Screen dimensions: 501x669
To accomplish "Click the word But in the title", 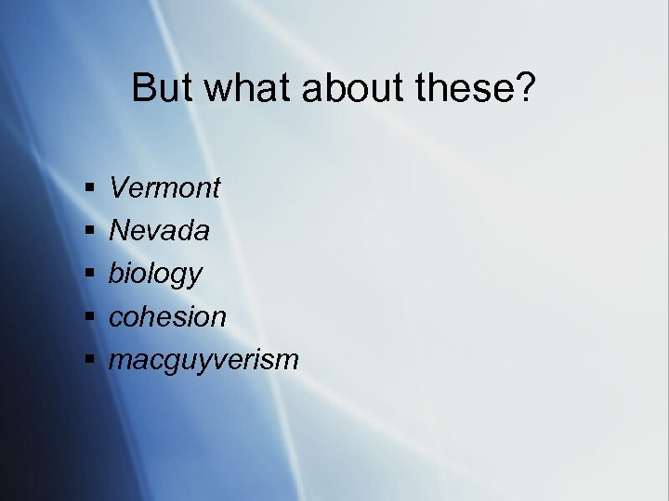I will coord(162,89).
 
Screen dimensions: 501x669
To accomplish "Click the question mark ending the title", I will coord(525,89).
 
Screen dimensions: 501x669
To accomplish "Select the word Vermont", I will coord(165,188).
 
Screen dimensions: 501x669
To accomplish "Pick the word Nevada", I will coord(159,231).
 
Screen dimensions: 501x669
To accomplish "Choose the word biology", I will coord(155,275).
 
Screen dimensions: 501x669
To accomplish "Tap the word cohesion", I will coord(168,316).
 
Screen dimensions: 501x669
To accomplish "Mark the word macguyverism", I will coord(204,360).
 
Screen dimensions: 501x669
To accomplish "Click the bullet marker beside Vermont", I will coord(89,189).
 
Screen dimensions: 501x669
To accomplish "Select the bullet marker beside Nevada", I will coord(89,232).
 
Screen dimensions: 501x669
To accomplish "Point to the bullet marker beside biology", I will coord(89,275).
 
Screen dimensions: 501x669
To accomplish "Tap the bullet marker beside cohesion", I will coord(89,317).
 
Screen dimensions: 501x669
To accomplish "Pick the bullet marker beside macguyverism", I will coord(89,360).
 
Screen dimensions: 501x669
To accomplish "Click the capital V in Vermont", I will coord(119,188).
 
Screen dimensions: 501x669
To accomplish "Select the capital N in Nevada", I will coord(119,231).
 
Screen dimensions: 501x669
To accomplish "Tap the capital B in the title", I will coord(144,89).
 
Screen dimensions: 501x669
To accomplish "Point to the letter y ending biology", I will coord(194,278).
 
